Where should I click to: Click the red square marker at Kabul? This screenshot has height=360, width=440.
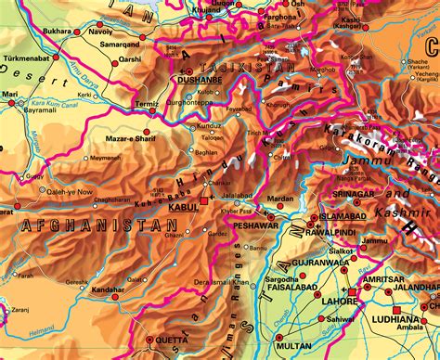[x=204, y=199]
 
